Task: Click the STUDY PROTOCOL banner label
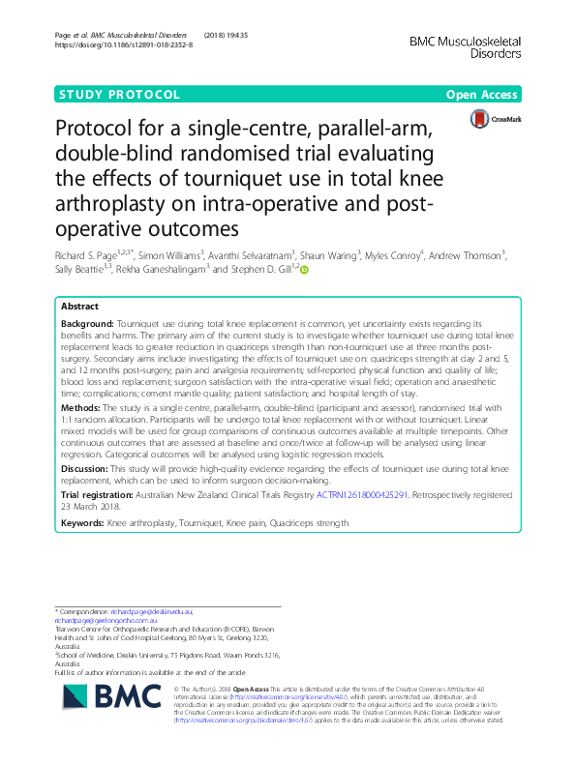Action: click(x=119, y=95)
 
